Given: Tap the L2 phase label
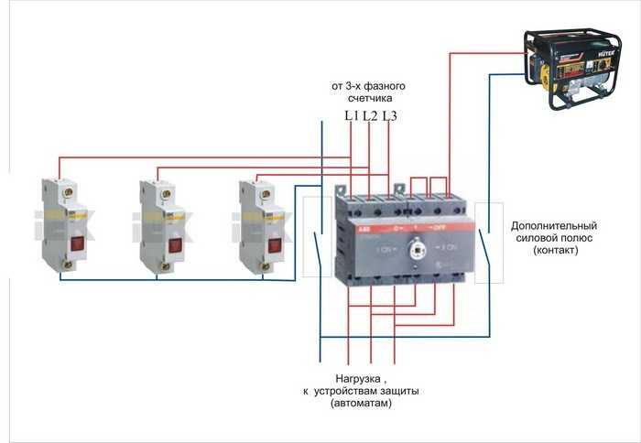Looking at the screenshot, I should tap(370, 115).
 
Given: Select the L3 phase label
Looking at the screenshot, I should tap(389, 115).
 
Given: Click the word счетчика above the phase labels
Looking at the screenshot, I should tap(368, 100).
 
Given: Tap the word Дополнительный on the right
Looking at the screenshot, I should tap(554, 225).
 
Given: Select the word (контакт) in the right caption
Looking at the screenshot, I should tap(555, 250).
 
